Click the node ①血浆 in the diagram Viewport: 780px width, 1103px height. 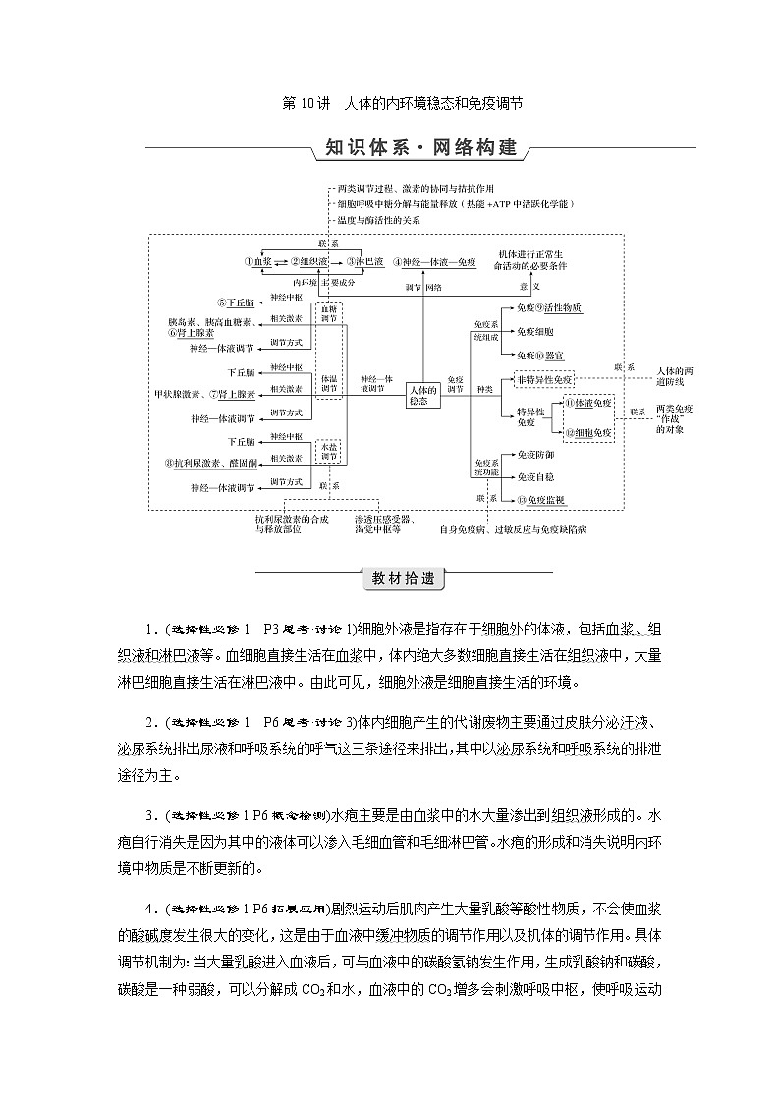click(x=257, y=262)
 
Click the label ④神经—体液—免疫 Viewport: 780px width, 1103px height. click(x=434, y=262)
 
